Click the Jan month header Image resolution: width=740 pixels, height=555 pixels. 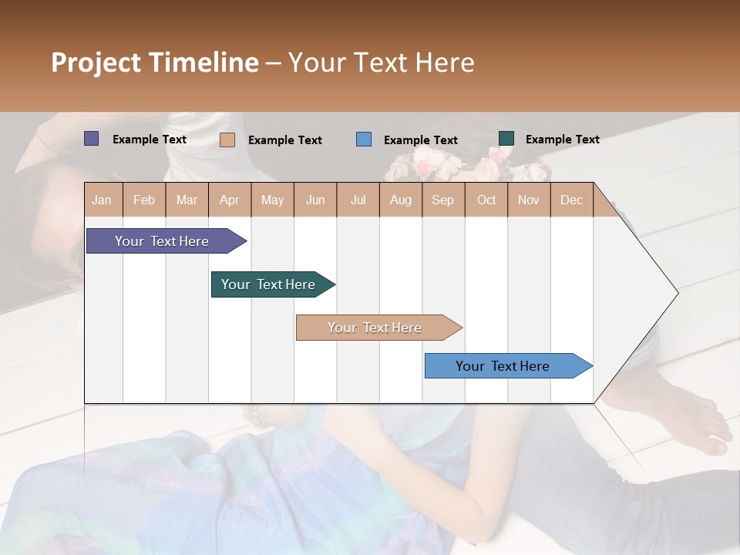pos(103,200)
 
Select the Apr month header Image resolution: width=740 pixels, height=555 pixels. pos(230,200)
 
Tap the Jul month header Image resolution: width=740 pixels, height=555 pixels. pos(358,200)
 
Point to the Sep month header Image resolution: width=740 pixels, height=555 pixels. pos(442,200)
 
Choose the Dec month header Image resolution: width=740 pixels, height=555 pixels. pos(571,200)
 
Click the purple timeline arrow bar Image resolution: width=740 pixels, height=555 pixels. pos(163,241)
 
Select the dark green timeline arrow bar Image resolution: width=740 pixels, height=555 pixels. pos(269,284)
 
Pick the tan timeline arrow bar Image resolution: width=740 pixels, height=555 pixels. pos(375,328)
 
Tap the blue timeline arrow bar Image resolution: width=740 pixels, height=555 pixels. pos(503,366)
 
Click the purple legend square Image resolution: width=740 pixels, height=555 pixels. pos(91,139)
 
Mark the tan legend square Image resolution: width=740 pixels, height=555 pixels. pos(227,140)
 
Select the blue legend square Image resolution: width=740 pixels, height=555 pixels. pos(363,139)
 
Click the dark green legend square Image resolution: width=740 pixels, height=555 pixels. pos(506,139)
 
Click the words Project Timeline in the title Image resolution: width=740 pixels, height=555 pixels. pos(155,62)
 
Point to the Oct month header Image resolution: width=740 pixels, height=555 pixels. pos(486,200)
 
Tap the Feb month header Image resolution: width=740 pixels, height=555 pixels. pos(144,200)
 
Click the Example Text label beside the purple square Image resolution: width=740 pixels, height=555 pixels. pos(150,140)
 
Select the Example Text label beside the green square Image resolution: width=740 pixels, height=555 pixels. pos(563,140)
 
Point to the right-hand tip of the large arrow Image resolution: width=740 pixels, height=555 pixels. pos(677,293)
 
